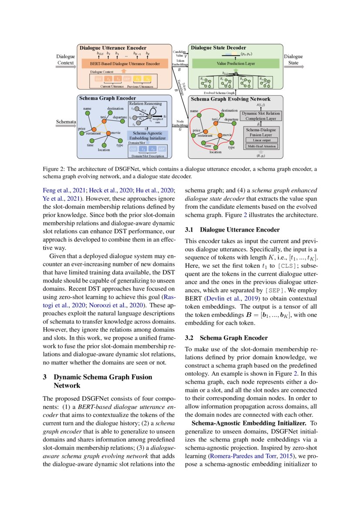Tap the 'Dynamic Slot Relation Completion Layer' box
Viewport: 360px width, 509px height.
coord(261,116)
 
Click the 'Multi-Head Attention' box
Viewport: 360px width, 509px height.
coord(262,146)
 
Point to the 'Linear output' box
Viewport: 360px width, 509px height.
coord(262,140)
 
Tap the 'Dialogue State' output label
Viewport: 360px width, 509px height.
coord(293,60)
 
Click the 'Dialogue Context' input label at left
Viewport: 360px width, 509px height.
coord(66,60)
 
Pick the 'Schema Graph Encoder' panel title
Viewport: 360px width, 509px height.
coord(107,98)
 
